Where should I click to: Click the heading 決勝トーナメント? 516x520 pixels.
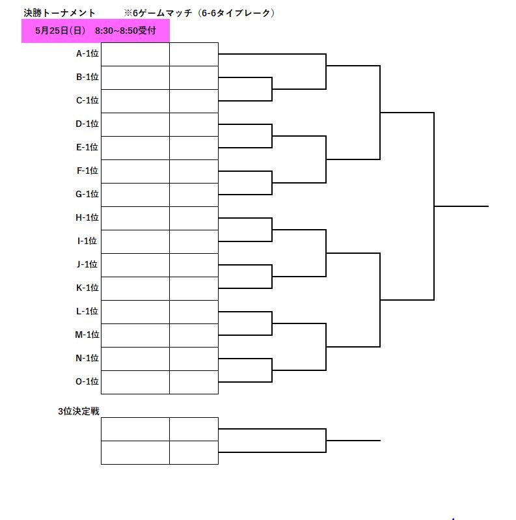click(x=59, y=13)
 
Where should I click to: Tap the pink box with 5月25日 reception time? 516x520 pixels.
click(x=96, y=31)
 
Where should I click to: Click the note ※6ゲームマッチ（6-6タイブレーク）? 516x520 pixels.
click(x=200, y=13)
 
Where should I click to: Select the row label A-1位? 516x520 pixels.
click(x=87, y=53)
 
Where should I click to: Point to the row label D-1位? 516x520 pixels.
click(x=87, y=124)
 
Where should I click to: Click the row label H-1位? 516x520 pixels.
click(x=87, y=217)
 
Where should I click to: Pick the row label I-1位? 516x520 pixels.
click(x=87, y=241)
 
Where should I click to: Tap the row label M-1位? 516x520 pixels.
click(x=87, y=335)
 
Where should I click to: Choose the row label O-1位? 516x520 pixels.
click(x=87, y=381)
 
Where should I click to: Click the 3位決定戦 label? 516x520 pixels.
click(x=79, y=411)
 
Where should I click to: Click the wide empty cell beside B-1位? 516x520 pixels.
click(x=135, y=77)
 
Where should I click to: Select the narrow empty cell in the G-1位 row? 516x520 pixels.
click(x=194, y=195)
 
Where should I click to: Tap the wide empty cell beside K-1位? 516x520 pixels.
click(x=135, y=288)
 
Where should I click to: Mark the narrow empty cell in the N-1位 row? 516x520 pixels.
click(x=194, y=359)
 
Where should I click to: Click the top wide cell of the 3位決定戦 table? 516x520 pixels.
click(x=135, y=429)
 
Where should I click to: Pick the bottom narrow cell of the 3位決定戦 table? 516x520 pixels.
click(x=194, y=452)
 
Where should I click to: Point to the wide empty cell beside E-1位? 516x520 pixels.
click(x=135, y=148)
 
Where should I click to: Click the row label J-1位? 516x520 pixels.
click(x=87, y=264)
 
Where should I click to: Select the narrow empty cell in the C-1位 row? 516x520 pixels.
click(x=194, y=101)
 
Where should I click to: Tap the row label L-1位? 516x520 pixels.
click(x=87, y=311)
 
